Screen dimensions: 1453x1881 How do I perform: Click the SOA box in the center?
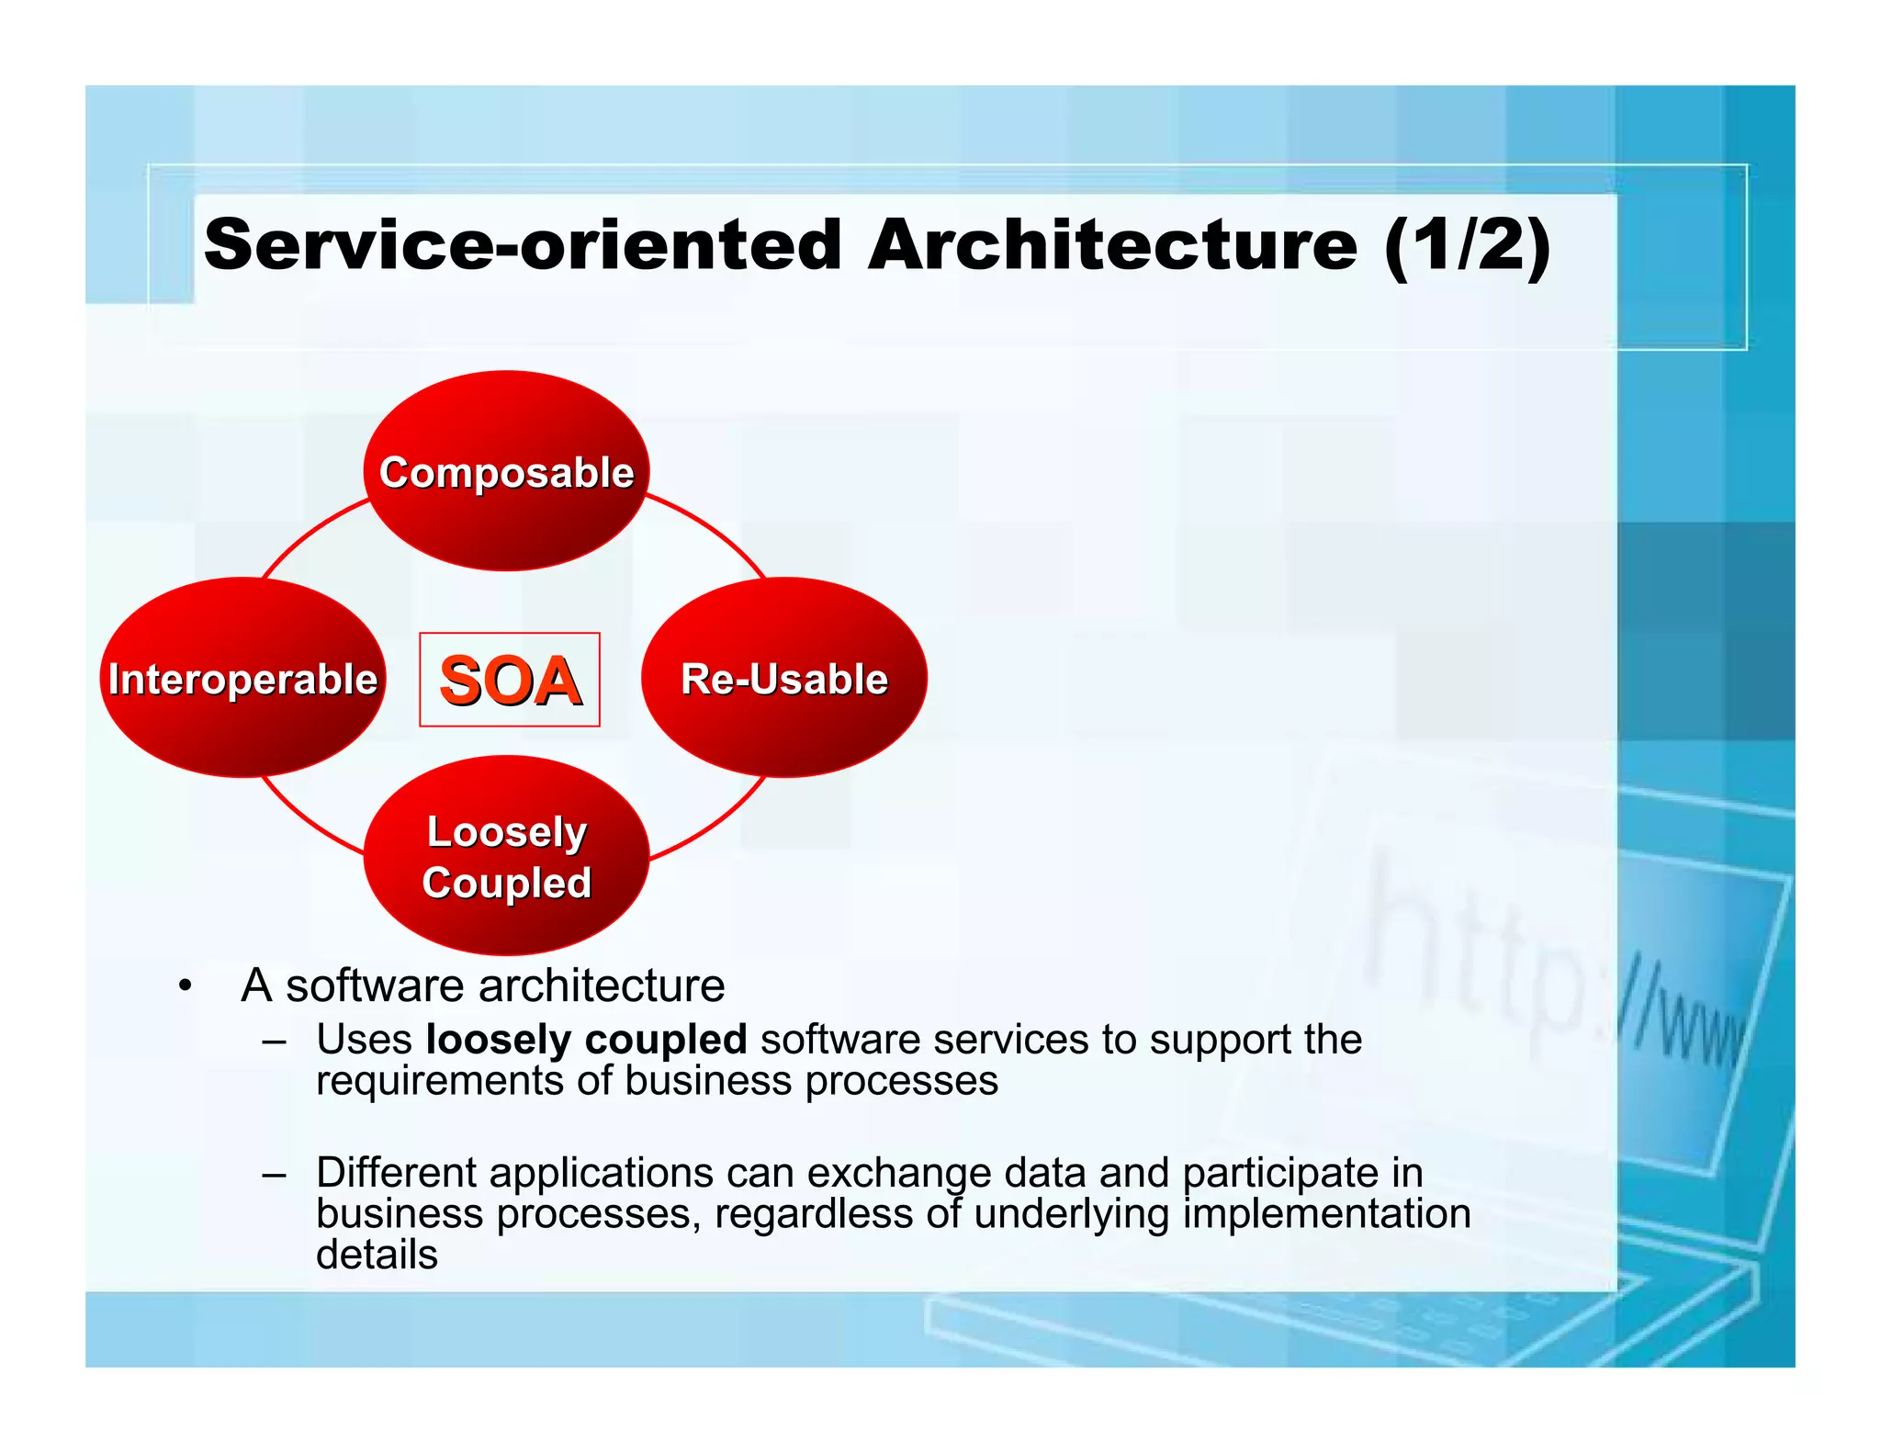(x=510, y=680)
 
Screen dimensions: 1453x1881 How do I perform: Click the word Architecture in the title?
(x=1111, y=245)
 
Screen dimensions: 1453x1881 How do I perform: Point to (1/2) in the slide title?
(x=1467, y=245)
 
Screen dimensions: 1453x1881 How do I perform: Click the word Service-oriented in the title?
(x=522, y=245)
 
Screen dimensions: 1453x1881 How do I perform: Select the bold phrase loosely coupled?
(x=586, y=1040)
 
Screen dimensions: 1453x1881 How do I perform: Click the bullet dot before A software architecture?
(x=186, y=986)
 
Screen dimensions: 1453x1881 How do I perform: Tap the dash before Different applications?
(x=274, y=1175)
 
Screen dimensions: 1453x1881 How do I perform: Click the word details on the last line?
(x=377, y=1255)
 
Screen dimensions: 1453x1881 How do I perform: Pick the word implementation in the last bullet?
(x=1326, y=1214)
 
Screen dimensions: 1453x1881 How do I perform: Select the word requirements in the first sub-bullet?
(x=439, y=1081)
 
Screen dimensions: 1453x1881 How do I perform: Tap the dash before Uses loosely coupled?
(x=274, y=1042)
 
